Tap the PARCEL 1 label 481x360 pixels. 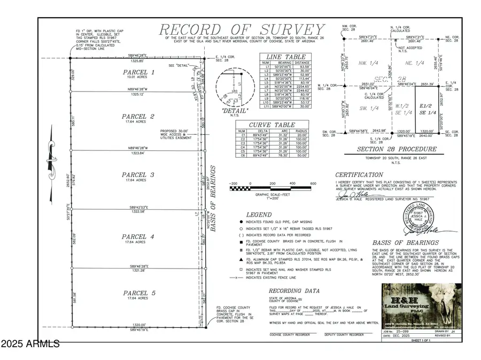(138, 72)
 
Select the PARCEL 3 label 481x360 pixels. (138, 175)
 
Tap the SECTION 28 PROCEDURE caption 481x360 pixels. (397, 149)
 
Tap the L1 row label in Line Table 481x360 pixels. (265, 66)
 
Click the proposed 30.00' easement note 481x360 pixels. (176, 134)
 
